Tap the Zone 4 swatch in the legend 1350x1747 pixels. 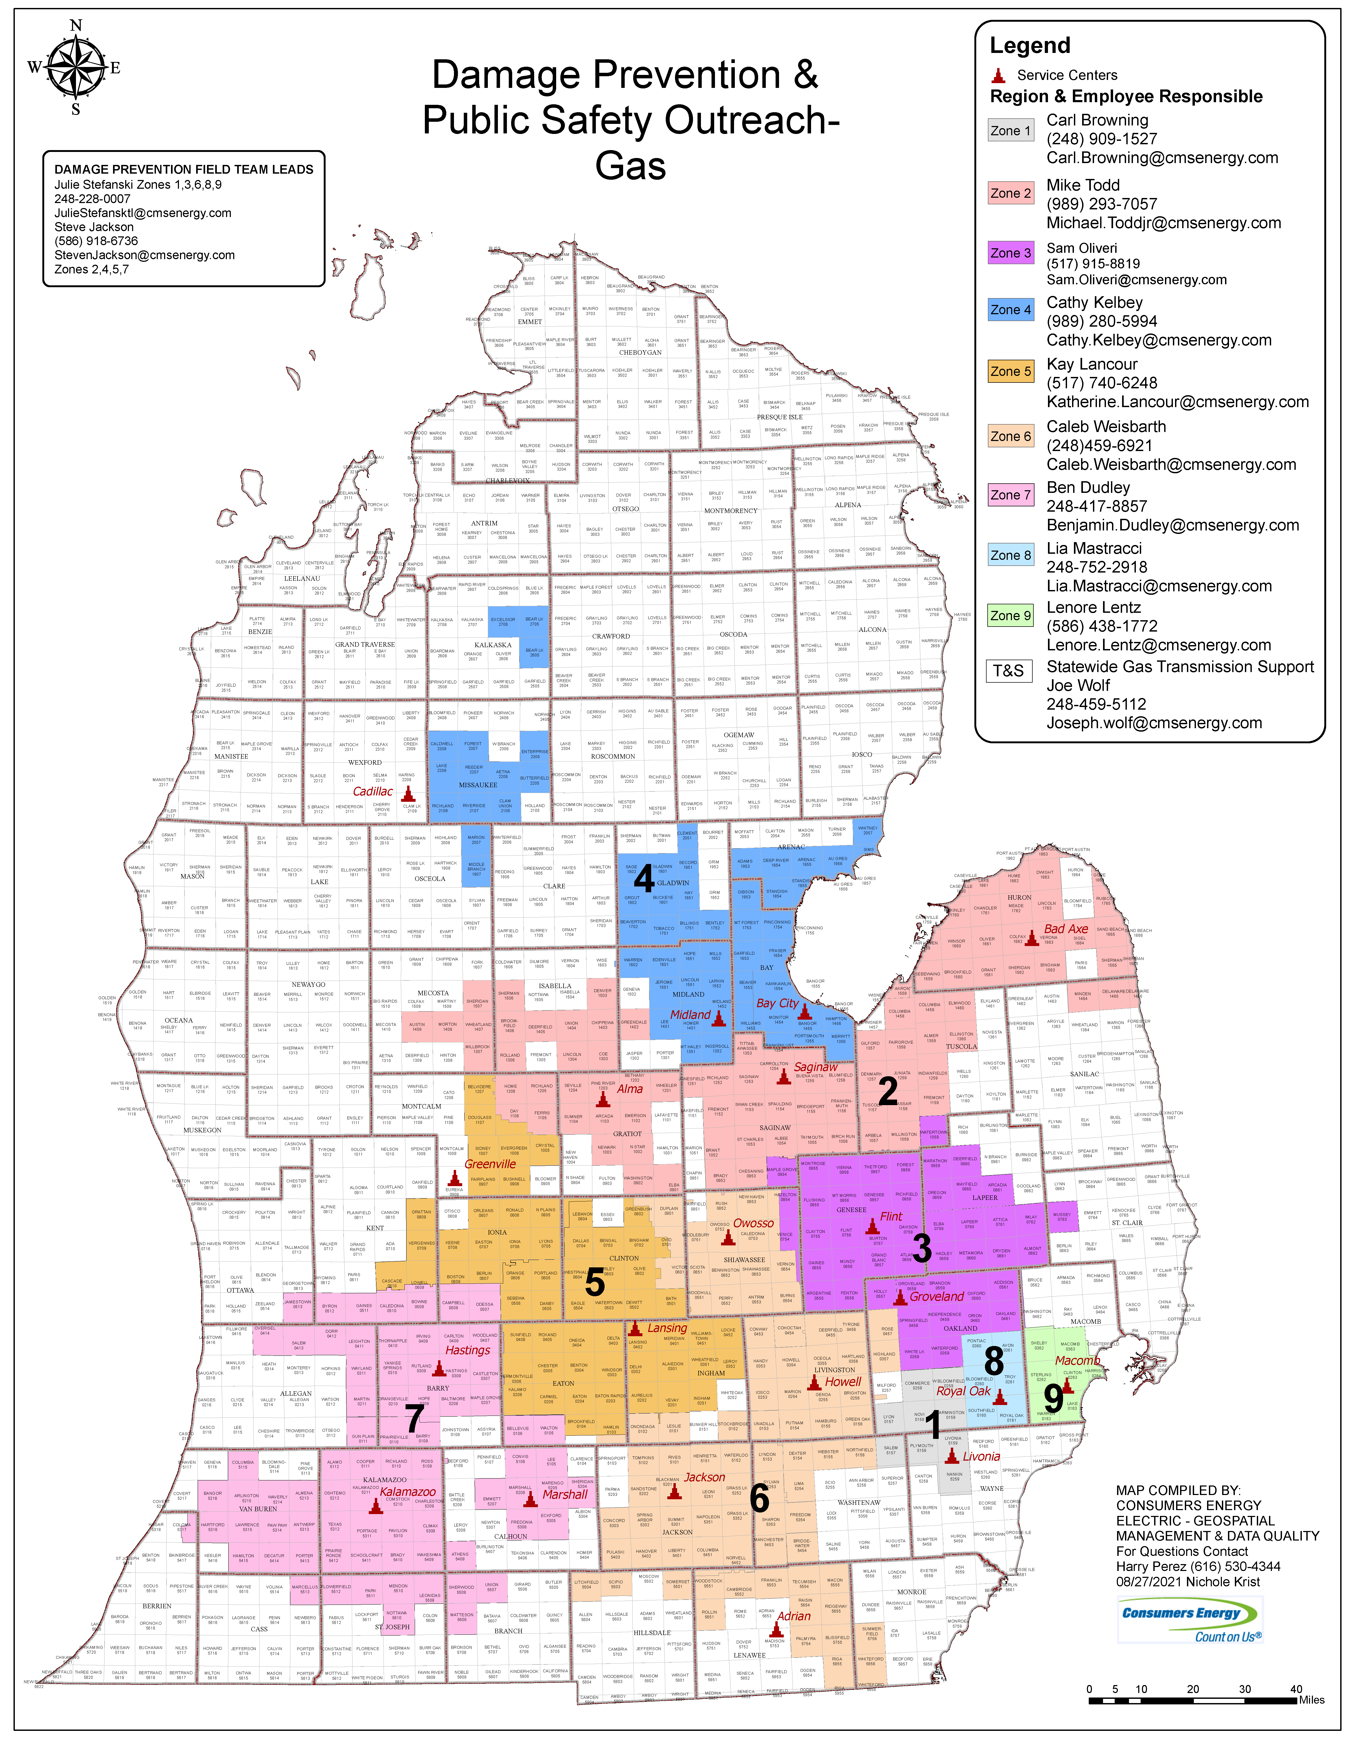[1011, 310]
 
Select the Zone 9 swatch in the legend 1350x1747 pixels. [1011, 615]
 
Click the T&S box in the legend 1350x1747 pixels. [1009, 670]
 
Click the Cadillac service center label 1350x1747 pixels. [373, 791]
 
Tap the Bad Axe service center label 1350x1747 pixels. [1066, 929]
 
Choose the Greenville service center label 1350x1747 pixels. [490, 1164]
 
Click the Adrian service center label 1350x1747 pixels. [794, 1616]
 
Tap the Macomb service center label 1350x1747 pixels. [1077, 1361]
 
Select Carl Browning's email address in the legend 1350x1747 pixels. [1162, 157]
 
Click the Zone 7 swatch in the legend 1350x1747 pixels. [1011, 495]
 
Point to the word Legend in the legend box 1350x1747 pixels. [1030, 46]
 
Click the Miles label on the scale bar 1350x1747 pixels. [1312, 1722]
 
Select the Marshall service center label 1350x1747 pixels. [565, 1494]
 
